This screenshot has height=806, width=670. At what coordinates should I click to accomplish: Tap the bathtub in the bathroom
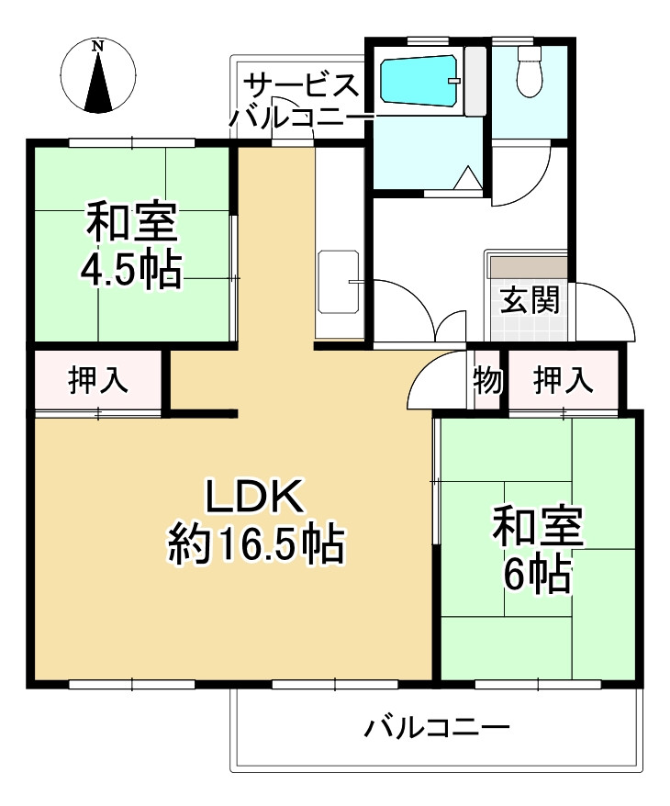(419, 82)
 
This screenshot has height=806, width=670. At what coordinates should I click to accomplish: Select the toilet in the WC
(530, 72)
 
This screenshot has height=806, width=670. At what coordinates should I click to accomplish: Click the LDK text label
(254, 498)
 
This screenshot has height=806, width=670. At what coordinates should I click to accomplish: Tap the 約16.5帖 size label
(255, 546)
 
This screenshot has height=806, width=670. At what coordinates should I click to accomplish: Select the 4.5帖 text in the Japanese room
(130, 270)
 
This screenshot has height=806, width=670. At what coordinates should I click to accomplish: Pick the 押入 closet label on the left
(98, 380)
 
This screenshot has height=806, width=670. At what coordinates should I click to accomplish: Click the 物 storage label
(486, 379)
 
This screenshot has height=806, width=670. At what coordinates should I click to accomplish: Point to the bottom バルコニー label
(437, 730)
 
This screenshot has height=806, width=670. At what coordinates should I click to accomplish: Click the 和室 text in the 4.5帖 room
(130, 223)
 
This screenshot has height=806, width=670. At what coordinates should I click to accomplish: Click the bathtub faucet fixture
(453, 81)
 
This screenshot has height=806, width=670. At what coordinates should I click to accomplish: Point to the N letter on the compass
(98, 46)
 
